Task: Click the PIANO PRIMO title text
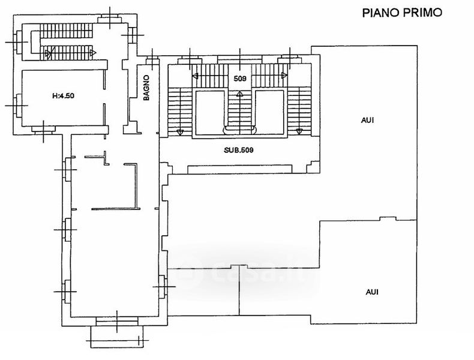click(401, 13)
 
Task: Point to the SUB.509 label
click(239, 151)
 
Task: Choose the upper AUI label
click(367, 120)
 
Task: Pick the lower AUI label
click(371, 292)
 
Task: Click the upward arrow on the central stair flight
click(239, 94)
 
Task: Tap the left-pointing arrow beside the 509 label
click(196, 76)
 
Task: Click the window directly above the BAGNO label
click(152, 60)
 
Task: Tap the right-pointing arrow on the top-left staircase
click(93, 53)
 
